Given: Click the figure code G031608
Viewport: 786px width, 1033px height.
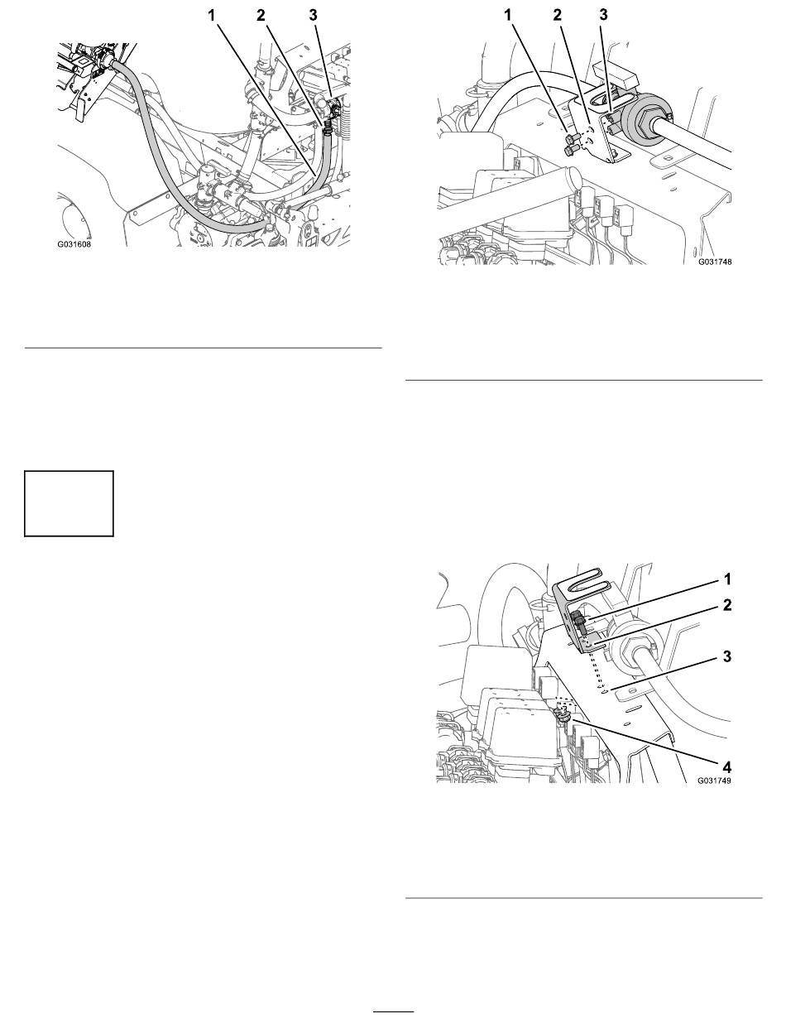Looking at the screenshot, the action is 74,245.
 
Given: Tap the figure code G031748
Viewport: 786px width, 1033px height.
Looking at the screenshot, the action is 715,262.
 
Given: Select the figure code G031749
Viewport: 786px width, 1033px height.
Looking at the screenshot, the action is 714,781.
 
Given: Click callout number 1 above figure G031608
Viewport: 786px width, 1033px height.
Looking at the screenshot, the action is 212,16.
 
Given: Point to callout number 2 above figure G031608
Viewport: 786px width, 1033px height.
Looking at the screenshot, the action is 261,16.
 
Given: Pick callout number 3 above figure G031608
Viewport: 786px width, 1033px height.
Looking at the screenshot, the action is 314,16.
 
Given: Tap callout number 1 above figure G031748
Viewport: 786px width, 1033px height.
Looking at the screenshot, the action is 507,16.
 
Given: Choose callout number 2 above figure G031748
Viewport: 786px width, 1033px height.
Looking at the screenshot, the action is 558,16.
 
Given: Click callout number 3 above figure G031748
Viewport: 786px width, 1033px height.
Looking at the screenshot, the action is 603,16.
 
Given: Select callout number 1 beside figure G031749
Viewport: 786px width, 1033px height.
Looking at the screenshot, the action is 728,579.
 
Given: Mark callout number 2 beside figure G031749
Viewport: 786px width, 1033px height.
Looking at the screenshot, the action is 728,605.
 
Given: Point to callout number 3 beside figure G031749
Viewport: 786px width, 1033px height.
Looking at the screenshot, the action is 728,656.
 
